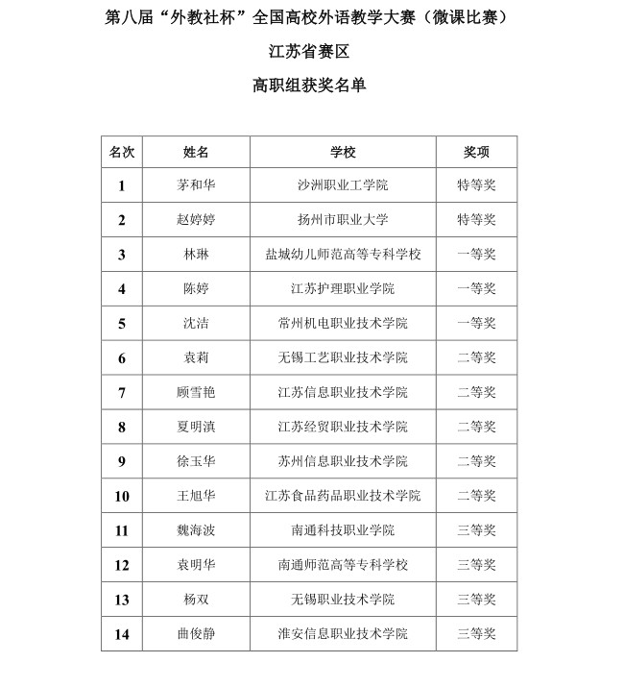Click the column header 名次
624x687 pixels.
[122, 152]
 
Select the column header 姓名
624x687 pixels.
[196, 152]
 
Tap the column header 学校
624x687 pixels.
[343, 152]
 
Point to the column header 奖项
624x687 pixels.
[476, 152]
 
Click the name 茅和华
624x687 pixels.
[196, 185]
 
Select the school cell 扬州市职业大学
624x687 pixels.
[343, 220]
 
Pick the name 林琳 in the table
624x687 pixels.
[196, 255]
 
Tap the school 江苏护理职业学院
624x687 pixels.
[343, 289]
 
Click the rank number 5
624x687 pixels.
[122, 324]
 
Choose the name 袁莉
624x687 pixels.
[196, 358]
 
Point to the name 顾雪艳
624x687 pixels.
[196, 393]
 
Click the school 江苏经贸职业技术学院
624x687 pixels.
[343, 427]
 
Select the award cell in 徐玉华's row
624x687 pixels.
[476, 461]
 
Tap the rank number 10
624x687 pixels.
[122, 496]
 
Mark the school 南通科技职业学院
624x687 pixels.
[343, 530]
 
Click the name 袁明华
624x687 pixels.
[196, 565]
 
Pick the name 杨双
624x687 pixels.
[196, 600]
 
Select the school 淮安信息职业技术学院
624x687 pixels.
[343, 634]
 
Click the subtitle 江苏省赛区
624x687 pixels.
[309, 52]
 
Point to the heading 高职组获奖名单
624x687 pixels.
[309, 86]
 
